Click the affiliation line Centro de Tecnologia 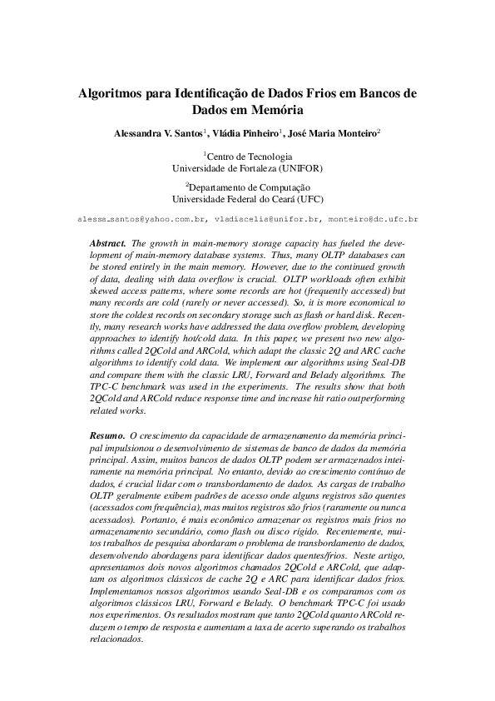248,156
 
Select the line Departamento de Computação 248,189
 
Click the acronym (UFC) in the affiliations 308,201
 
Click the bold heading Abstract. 106,242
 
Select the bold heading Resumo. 106,435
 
